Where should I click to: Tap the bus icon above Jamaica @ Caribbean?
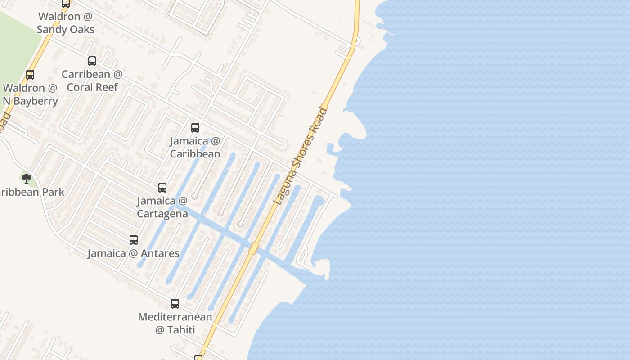tap(195, 128)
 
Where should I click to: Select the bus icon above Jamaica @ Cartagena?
tap(162, 188)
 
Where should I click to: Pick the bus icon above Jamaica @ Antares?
tap(134, 240)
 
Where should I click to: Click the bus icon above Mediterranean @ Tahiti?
tap(175, 304)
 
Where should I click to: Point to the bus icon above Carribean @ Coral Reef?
tap(92, 61)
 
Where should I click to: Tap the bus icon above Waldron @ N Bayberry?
tap(30, 75)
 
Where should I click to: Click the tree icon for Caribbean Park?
tap(27, 179)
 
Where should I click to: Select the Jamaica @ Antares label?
tap(133, 253)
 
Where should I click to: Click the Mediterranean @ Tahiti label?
tap(175, 323)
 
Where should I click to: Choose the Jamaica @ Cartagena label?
tap(162, 207)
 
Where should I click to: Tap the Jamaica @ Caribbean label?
tap(195, 147)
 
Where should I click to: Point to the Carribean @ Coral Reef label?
tap(92, 81)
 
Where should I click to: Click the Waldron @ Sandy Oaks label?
tap(65, 23)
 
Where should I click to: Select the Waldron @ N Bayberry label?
tap(30, 94)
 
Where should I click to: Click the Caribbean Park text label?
tap(31, 192)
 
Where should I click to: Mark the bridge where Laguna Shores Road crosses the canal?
tap(254, 248)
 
